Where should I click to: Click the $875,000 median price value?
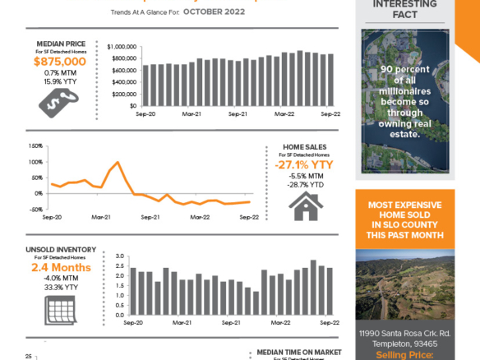59,61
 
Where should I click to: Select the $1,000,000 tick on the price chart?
121,47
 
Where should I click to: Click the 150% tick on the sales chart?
35,145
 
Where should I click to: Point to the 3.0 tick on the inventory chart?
119,256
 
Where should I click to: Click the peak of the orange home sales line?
118,163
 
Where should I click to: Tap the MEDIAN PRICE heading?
59,43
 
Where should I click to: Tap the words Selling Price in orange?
404,354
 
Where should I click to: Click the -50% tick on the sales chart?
35,210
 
